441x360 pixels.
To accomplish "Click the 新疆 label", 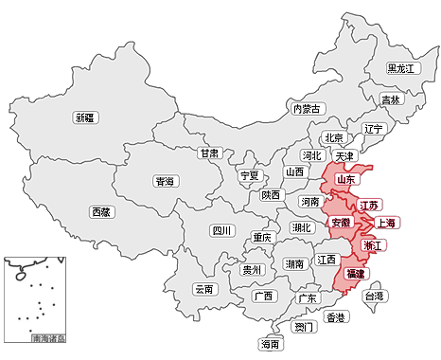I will (85, 118).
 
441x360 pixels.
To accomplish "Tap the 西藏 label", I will (101, 212).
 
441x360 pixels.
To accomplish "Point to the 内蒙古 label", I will (308, 109).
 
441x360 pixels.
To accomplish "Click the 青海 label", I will (165, 181).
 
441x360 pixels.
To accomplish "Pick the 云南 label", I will (204, 289).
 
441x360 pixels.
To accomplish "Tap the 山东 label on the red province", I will (345, 179).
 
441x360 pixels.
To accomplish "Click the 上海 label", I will (386, 224).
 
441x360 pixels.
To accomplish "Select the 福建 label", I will (357, 274).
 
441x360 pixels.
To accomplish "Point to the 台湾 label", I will (375, 297).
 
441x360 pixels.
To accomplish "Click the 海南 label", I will (271, 345).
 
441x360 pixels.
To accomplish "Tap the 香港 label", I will (335, 317).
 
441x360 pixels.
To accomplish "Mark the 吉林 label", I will (390, 99).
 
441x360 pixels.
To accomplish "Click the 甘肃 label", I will (209, 153).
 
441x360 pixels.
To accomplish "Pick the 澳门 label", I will (304, 328).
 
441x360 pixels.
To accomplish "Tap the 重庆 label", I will (262, 238).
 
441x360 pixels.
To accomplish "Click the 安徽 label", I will (341, 224).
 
